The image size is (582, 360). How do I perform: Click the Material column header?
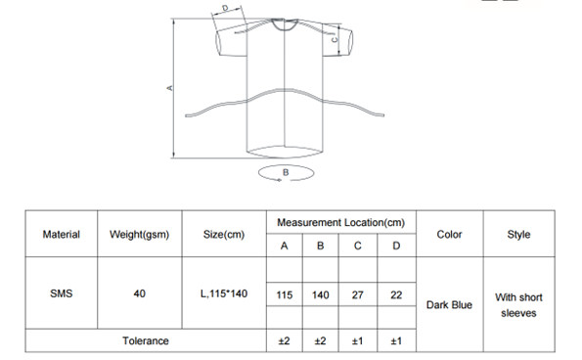(62, 235)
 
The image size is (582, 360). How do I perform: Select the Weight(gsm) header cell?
(139, 235)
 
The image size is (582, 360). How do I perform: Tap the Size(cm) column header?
(224, 235)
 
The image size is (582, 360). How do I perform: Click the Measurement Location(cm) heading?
(340, 223)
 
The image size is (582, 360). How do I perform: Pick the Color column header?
(449, 235)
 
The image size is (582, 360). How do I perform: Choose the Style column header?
(518, 235)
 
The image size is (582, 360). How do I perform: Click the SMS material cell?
(62, 293)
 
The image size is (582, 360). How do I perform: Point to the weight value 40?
(139, 293)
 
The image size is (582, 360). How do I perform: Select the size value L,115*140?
(224, 293)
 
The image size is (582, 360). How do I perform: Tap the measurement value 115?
(285, 295)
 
